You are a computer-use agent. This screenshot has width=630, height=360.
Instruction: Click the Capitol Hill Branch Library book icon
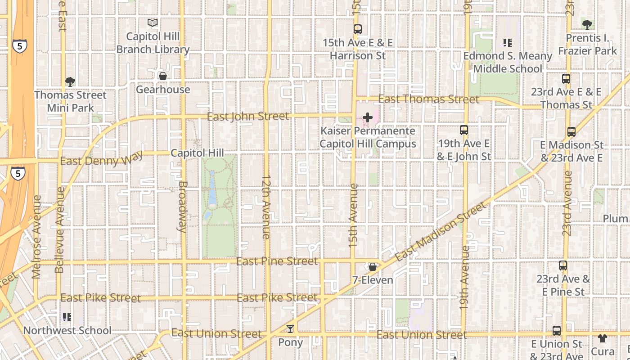pos(153,22)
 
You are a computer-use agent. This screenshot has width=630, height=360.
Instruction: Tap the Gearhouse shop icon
pos(163,76)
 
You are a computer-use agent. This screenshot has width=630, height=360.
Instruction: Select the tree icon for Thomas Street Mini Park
pos(70,81)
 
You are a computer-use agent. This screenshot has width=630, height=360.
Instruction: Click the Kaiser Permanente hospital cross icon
pos(368,118)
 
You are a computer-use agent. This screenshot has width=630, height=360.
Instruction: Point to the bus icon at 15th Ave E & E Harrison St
pos(358,29)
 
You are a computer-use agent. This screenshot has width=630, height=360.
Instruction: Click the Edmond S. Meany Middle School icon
pos(508,43)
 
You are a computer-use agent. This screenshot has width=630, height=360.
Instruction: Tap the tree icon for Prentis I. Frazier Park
pos(587,24)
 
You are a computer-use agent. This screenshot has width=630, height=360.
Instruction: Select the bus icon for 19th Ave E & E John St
pos(464,130)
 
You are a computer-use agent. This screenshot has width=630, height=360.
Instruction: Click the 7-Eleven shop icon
pos(373,267)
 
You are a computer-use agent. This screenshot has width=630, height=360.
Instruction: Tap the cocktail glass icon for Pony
pos(290,329)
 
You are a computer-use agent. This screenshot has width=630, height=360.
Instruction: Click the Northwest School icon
pos(67,317)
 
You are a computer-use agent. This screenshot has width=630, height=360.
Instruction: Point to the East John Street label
pos(248,117)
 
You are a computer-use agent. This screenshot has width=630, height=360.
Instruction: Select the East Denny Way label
pos(101,159)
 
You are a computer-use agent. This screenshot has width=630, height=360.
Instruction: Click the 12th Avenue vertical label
pos(265,207)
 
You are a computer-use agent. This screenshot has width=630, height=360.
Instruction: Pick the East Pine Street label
pos(277,261)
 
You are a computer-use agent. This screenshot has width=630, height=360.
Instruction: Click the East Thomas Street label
pos(428,99)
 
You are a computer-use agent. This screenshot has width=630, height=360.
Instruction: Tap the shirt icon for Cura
pos(602,338)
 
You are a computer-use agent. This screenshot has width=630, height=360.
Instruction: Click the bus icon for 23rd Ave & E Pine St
pos(563,265)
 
